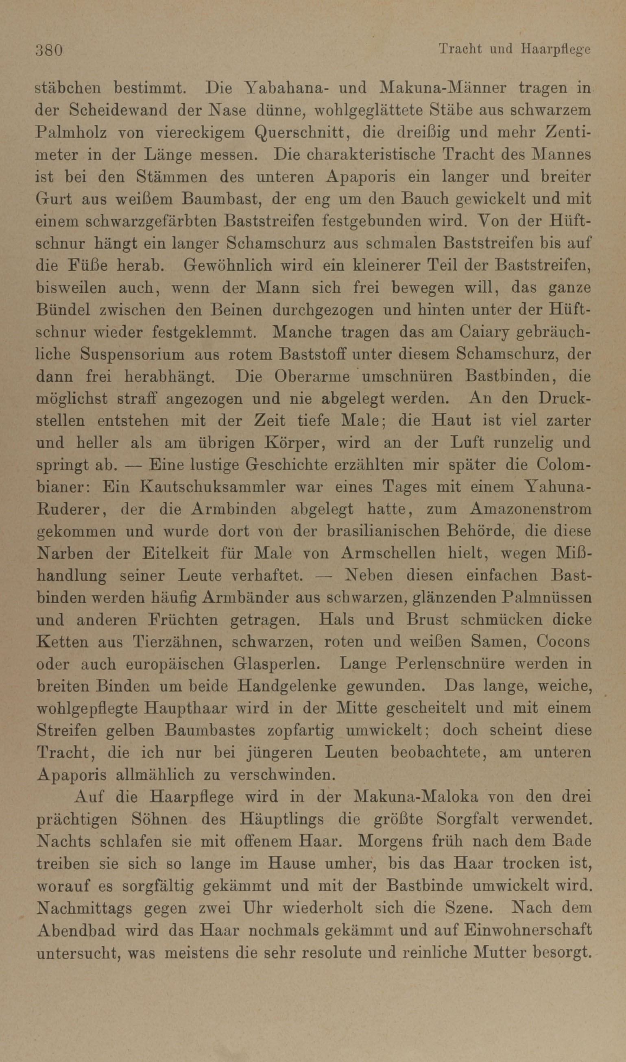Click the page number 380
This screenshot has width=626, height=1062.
(49, 50)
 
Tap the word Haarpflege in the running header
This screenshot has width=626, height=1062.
(556, 50)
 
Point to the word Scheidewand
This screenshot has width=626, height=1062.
(118, 111)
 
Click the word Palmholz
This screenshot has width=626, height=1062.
(71, 133)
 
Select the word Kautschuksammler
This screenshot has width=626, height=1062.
(212, 487)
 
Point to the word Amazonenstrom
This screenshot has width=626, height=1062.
(530, 510)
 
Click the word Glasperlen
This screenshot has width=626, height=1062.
(276, 664)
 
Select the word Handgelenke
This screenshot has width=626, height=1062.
(286, 686)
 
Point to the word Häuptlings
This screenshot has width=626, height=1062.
(281, 819)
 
